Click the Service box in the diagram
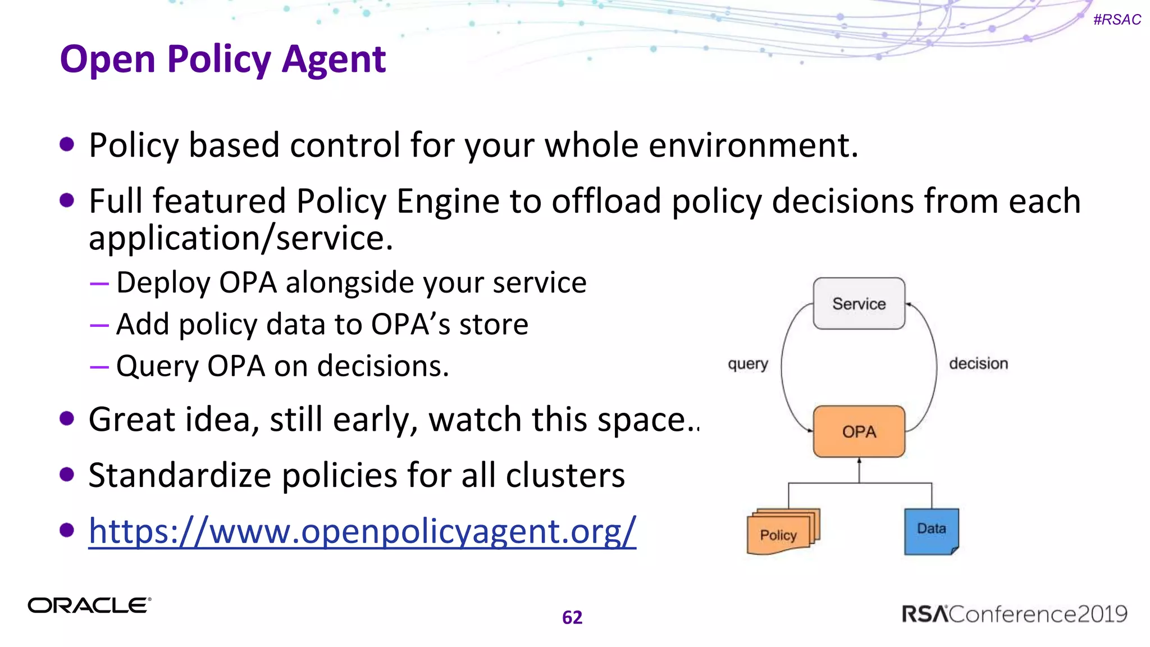859,303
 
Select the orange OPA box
859,431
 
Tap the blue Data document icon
931,531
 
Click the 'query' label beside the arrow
747,364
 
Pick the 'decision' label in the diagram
978,363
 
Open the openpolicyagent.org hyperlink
362,531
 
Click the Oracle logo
89,605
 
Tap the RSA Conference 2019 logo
1014,614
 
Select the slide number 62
572,617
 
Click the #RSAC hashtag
1117,20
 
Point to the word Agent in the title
334,59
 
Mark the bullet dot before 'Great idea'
67,419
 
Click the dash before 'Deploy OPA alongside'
99,283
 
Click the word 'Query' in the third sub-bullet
157,366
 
